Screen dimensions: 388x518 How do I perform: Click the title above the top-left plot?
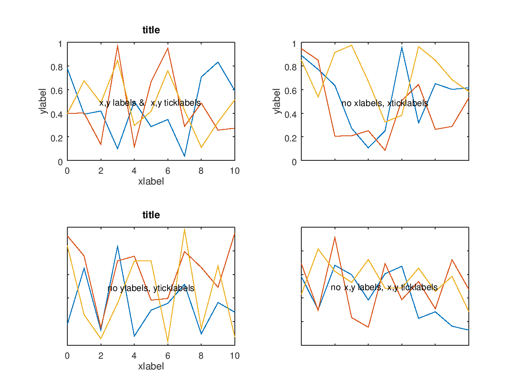151,30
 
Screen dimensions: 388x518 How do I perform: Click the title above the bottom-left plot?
151,215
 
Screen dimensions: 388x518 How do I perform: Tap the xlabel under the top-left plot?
151,181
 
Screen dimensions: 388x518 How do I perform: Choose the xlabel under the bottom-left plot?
151,366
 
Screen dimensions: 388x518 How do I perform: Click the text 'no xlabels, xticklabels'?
385,103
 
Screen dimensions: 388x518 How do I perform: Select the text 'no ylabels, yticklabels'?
151,288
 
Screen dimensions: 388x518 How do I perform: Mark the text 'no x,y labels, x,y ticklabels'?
384,288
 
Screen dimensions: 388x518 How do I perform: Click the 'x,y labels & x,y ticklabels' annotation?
150,103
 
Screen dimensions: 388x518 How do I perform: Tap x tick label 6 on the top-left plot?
167,171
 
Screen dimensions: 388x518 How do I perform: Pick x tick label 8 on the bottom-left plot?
201,356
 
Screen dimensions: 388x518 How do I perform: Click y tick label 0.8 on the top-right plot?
291,67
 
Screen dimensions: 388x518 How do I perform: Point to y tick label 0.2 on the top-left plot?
57,138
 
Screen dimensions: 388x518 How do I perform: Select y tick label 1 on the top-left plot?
60,44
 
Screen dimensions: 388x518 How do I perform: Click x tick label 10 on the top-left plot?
234,171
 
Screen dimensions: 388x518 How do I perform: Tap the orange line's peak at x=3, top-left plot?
117,46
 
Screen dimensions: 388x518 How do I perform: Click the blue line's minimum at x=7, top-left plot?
184,156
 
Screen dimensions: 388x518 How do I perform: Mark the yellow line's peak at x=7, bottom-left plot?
184,229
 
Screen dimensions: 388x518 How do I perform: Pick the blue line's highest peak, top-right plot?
401,47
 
